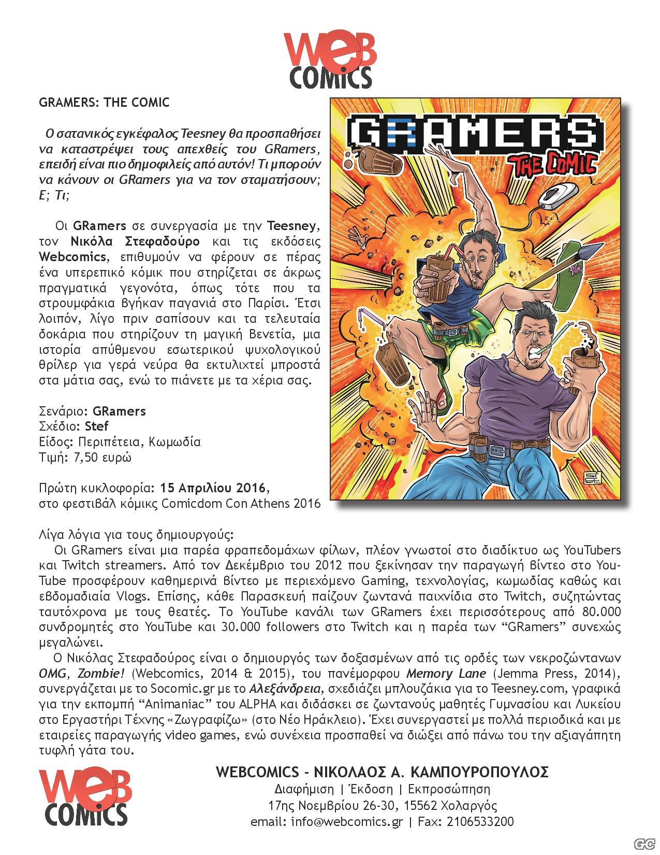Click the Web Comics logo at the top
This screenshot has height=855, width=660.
pyautogui.click(x=329, y=60)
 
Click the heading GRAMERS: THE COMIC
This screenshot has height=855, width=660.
pyautogui.click(x=104, y=102)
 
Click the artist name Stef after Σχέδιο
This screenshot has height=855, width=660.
pyautogui.click(x=97, y=426)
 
